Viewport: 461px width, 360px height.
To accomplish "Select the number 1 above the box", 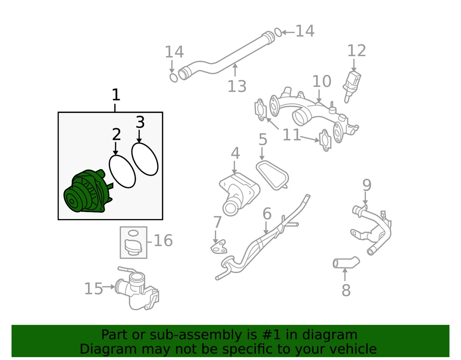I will point(115,95).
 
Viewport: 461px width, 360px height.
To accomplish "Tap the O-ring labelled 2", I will point(122,171).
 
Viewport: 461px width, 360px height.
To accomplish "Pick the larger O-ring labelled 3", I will point(145,159).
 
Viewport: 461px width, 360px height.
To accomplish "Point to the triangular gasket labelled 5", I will point(272,175).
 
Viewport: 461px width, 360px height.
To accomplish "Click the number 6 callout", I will point(267,214).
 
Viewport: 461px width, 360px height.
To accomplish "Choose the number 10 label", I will point(322,82).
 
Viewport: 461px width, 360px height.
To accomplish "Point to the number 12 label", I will point(356,51).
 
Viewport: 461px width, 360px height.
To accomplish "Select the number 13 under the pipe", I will point(237,87).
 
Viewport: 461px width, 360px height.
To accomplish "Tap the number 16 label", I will point(163,240).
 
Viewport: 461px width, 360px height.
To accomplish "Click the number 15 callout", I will point(94,289).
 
